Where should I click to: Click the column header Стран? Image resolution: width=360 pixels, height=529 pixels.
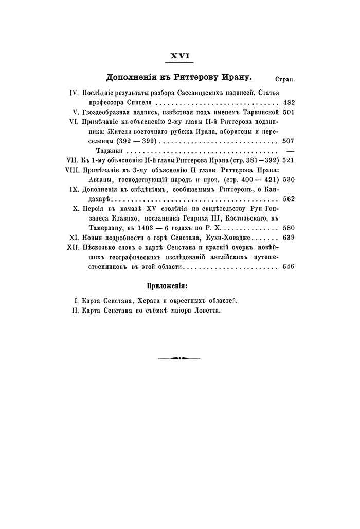(x=284, y=79)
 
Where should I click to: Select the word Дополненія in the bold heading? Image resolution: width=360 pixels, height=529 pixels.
(x=131, y=78)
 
